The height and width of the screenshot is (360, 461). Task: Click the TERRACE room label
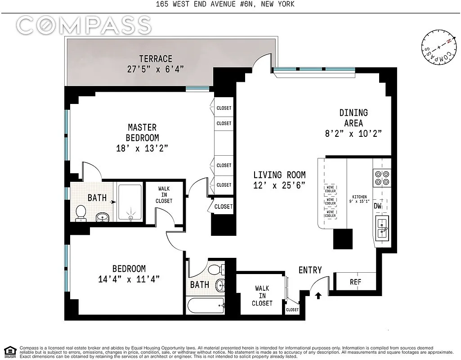click(156, 59)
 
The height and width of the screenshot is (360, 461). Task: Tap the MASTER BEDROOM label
click(142, 133)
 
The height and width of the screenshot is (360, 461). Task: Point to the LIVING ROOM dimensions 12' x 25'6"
click(279, 185)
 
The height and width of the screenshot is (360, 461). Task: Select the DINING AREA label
click(354, 117)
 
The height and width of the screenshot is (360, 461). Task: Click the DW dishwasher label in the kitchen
click(377, 206)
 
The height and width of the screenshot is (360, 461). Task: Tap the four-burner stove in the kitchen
click(382, 178)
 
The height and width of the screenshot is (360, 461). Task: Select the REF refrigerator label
click(355, 282)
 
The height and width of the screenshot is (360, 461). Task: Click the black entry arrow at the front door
click(318, 295)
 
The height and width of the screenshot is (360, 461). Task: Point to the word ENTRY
click(310, 270)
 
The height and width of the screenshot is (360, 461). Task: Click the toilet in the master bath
click(81, 213)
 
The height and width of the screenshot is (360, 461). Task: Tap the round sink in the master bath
click(102, 217)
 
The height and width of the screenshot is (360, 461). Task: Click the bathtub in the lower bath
click(206, 306)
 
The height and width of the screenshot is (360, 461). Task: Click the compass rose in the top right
click(439, 47)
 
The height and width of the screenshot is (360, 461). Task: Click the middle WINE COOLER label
click(331, 202)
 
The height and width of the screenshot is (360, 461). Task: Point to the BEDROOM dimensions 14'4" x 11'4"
click(129, 279)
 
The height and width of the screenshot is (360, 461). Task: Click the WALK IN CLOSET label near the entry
click(262, 296)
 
